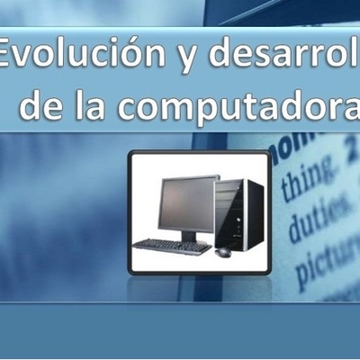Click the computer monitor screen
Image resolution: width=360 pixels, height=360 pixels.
(x=186, y=204)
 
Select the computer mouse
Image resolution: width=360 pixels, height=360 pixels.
(x=222, y=251)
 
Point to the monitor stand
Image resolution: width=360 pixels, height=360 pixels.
(x=188, y=236)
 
